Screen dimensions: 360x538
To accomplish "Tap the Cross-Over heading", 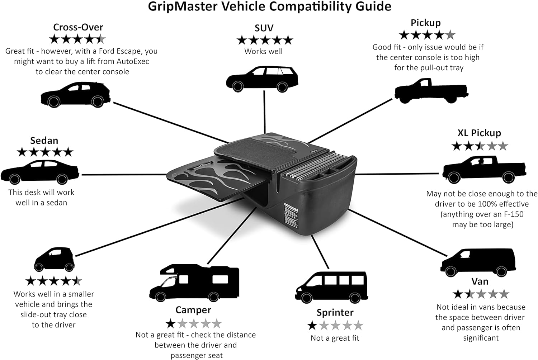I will point(78,27).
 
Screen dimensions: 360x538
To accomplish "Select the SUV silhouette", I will point(262,79).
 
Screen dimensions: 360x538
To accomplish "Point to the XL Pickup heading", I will point(479,133).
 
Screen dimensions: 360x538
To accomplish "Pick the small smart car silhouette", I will point(54,259).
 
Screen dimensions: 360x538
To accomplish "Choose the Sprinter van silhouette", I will point(331,287).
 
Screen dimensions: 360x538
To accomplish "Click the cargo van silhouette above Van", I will point(478,261).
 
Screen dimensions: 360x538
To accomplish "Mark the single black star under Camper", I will point(170,324).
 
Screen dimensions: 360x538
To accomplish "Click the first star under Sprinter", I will point(312,326).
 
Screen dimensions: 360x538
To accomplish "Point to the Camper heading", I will point(193,310).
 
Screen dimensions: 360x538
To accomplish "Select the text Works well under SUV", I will point(263,51).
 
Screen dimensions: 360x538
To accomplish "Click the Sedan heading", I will point(44,141).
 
